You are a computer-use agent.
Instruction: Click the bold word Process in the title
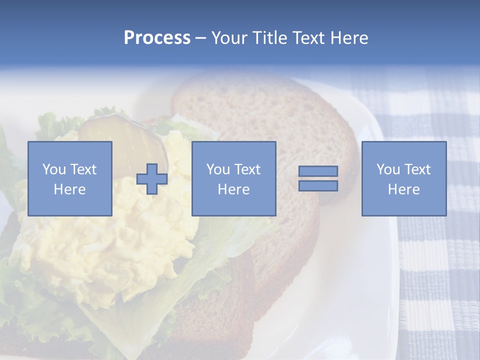coord(157,38)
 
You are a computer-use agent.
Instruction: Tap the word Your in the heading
coord(228,38)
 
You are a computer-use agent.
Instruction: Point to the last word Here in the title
coord(350,38)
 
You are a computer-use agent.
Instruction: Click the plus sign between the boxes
coord(152,179)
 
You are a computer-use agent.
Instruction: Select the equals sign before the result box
coord(318,178)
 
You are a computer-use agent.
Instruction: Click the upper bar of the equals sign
coord(318,171)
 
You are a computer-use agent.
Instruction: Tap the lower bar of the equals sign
coord(318,186)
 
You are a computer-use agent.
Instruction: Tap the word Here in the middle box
coord(233,189)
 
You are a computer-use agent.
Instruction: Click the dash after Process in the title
coord(201,38)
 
